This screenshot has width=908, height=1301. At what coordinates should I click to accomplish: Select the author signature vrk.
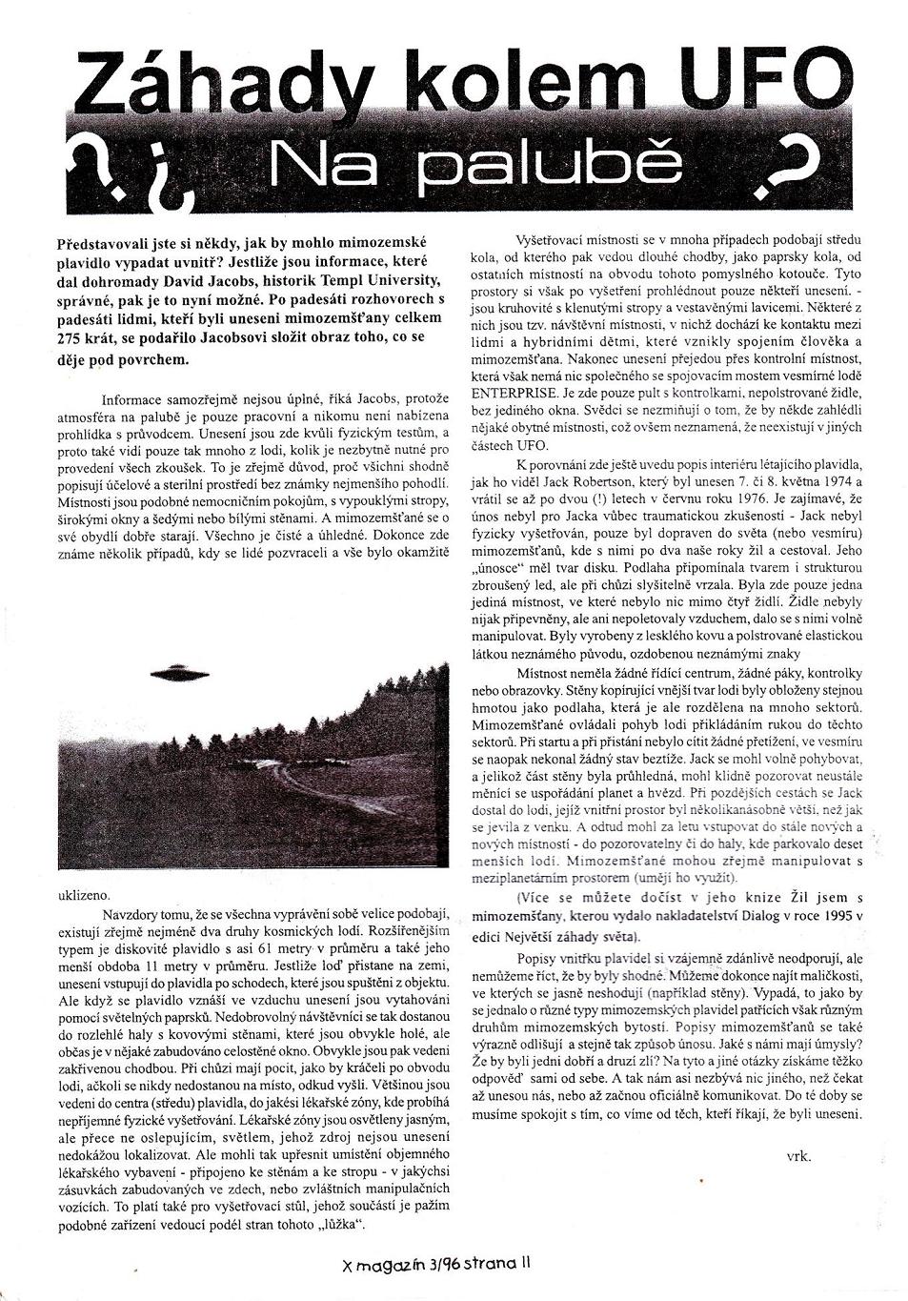798,1156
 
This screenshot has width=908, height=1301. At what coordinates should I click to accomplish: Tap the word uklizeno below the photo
85,895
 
